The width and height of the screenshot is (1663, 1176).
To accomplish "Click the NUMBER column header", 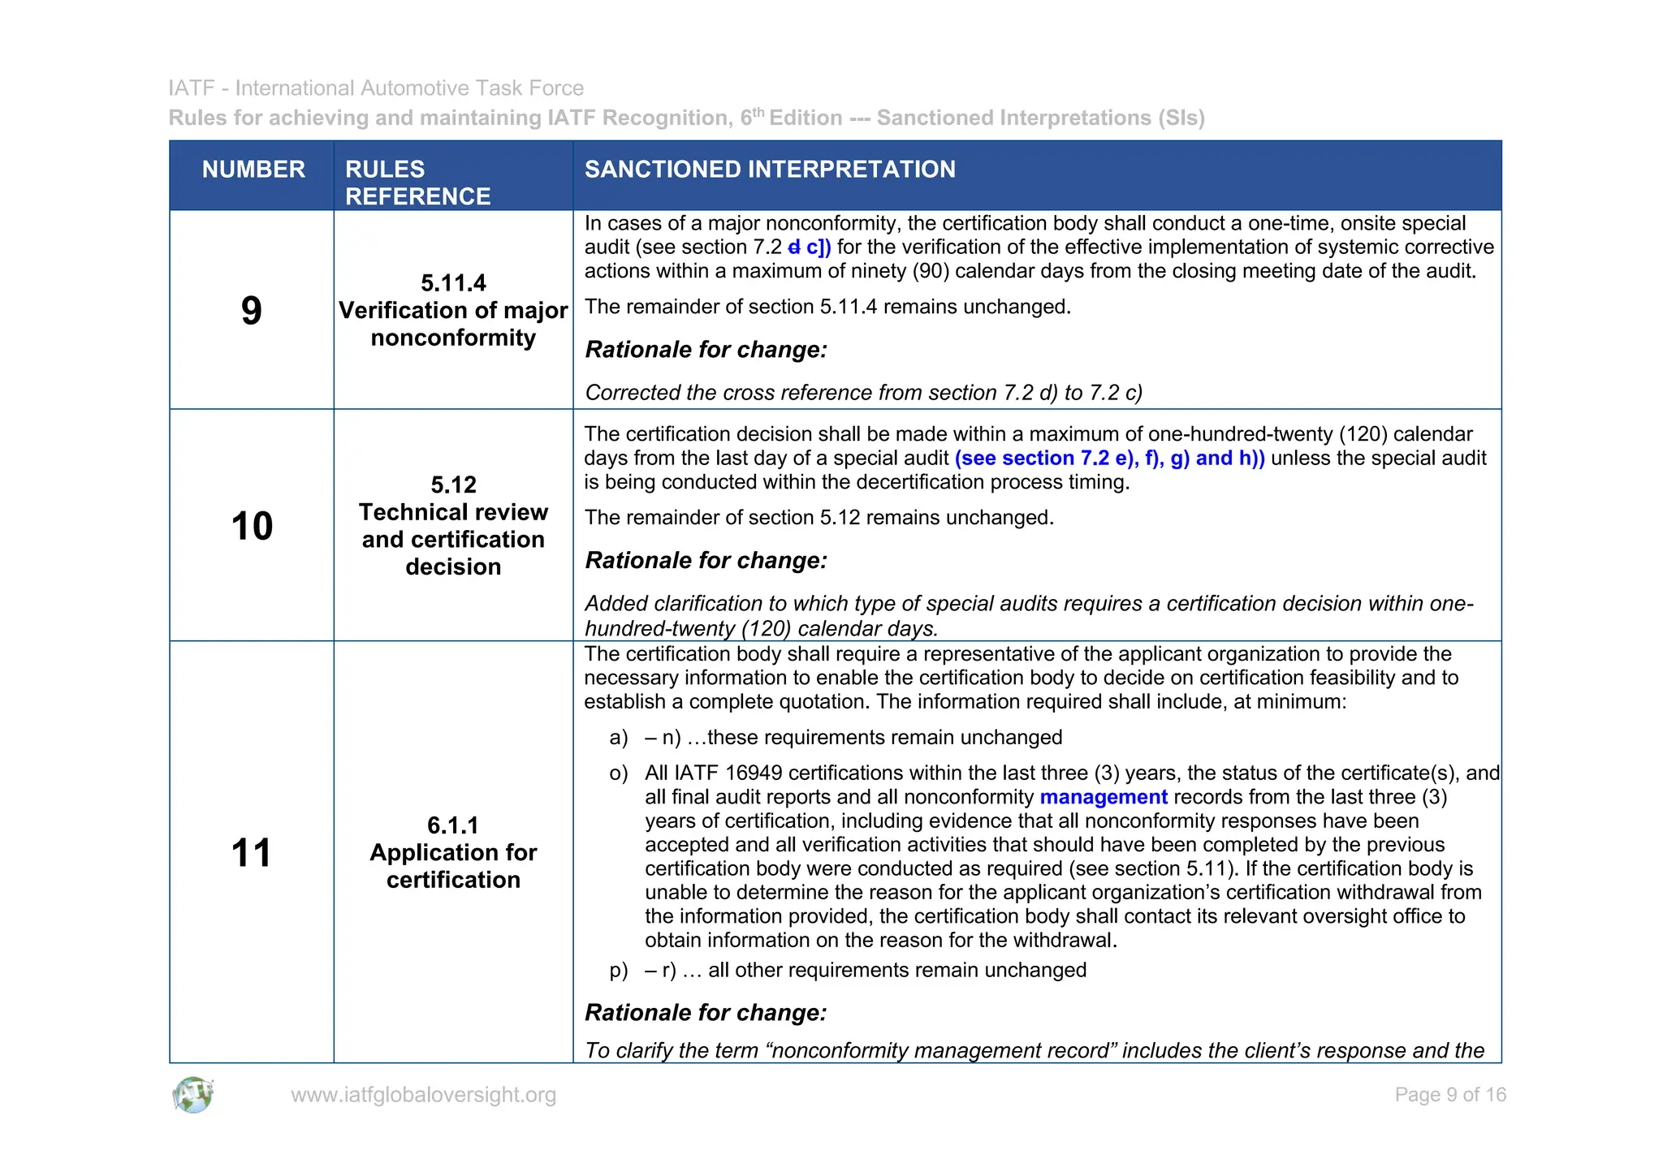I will (253, 170).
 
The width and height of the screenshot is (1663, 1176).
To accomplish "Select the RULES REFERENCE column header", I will (417, 183).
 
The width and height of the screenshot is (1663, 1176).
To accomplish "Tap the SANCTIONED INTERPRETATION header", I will (770, 170).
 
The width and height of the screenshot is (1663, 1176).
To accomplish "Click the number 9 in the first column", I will (252, 311).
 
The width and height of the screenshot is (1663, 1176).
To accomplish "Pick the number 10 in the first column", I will (252, 526).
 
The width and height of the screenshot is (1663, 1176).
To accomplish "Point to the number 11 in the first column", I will (252, 853).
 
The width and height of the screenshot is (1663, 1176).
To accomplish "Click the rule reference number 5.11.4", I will (453, 283).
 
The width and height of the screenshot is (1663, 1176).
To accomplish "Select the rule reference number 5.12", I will (453, 485).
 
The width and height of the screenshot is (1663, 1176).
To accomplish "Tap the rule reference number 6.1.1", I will (453, 825).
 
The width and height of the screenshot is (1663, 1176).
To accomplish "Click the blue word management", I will (1103, 797).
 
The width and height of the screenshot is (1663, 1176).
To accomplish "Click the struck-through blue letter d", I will (793, 248).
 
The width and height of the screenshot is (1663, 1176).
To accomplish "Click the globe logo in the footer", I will (192, 1095).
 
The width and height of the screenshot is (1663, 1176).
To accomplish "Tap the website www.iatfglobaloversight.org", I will (423, 1095).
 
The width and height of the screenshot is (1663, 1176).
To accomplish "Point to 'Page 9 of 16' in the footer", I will (1449, 1095).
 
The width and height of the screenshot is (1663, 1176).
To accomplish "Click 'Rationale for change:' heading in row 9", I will (706, 350).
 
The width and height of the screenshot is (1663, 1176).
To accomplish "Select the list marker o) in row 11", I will (619, 773).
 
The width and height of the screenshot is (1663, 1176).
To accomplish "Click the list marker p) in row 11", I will (619, 971).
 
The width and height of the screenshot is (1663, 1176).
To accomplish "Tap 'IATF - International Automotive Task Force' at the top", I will (376, 88).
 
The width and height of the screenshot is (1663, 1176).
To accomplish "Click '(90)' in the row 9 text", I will (931, 271).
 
